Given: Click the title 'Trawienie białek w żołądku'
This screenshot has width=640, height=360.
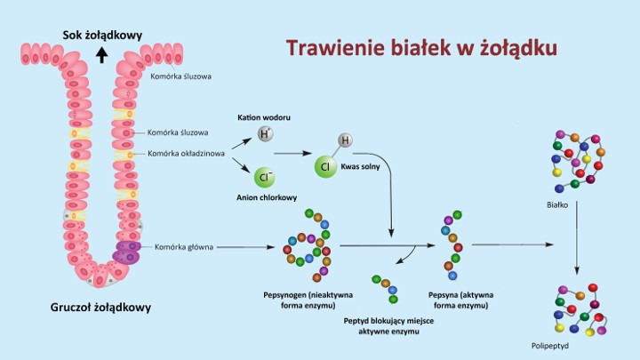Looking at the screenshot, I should tap(421, 47).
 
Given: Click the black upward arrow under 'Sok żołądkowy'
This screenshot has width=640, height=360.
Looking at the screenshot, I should tap(101, 54).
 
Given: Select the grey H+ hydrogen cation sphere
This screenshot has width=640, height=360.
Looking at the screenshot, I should tap(265, 134).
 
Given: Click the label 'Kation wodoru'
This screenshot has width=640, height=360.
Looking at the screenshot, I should tap(264, 117).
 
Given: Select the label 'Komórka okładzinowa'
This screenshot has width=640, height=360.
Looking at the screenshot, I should tap(185, 153).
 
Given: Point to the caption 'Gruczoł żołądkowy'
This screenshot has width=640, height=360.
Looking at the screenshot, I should tap(100, 308).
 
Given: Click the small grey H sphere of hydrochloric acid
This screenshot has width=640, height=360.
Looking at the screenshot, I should tap(345, 140).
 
